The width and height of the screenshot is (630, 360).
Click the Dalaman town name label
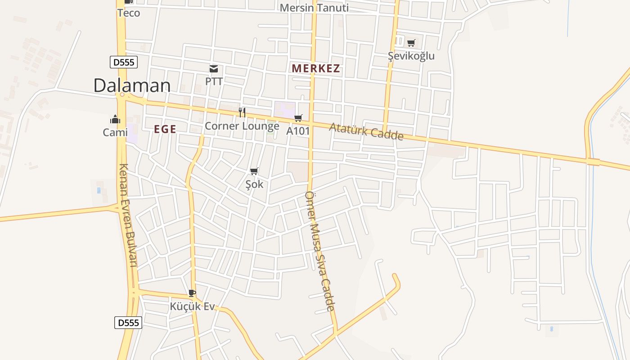click(x=132, y=85)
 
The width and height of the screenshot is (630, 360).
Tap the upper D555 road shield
click(x=123, y=62)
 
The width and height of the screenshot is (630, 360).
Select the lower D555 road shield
click(x=128, y=323)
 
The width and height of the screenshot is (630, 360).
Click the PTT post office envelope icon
click(x=214, y=69)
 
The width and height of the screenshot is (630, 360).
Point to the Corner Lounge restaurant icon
click(x=242, y=112)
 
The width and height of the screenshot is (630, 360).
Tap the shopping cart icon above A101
click(x=298, y=118)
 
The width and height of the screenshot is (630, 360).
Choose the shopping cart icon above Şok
click(x=254, y=171)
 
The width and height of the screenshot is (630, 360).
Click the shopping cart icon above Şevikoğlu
click(x=411, y=43)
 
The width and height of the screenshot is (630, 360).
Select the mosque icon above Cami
click(x=115, y=119)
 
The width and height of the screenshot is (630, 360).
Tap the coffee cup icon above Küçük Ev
click(x=192, y=293)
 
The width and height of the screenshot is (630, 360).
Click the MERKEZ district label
click(x=316, y=69)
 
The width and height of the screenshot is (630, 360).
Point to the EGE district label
click(x=165, y=130)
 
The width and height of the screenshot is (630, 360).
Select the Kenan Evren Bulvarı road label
click(x=127, y=215)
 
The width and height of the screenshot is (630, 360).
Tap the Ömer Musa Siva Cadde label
click(x=320, y=251)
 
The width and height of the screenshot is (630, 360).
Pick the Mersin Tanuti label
click(x=314, y=8)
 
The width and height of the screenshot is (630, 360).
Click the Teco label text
click(x=129, y=13)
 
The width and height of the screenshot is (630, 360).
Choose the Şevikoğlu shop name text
click(x=411, y=56)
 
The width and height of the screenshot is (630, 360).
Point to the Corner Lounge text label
click(x=242, y=126)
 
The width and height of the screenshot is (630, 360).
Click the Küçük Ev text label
click(x=192, y=306)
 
